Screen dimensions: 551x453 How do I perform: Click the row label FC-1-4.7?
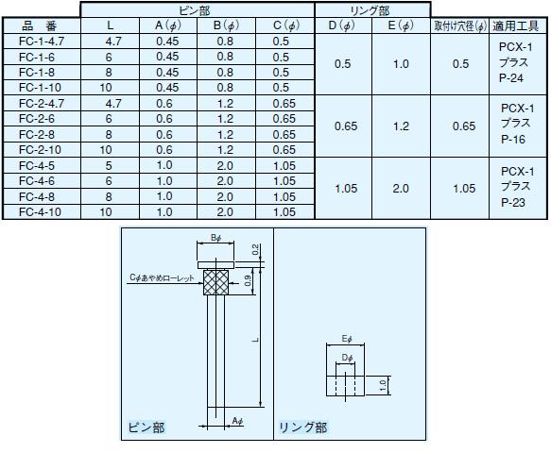coord(42,42)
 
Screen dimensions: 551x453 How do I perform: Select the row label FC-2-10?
coord(40,150)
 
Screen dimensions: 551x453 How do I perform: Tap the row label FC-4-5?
coord(37,165)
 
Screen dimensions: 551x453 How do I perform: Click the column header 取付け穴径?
coord(460,26)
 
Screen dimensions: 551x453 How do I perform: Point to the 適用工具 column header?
coord(515,26)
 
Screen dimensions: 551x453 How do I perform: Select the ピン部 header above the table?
coord(195,10)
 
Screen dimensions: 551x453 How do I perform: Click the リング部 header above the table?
coord(370,11)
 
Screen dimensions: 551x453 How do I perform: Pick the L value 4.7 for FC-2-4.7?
coord(113,104)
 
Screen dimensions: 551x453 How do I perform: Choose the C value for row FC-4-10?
coord(284,212)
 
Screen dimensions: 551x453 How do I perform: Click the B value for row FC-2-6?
coord(225,119)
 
